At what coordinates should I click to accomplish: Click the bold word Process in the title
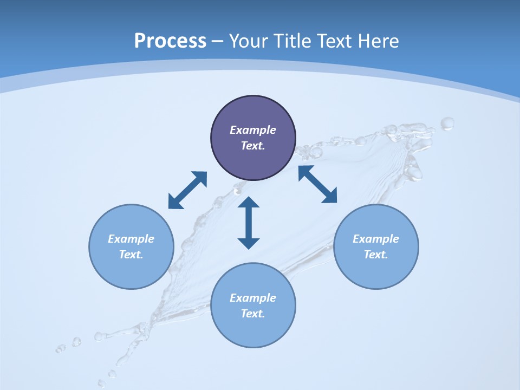click(x=170, y=41)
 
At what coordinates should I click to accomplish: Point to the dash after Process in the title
click(x=217, y=42)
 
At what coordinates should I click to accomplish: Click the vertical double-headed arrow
click(x=249, y=223)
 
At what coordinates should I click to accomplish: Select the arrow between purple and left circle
click(x=187, y=190)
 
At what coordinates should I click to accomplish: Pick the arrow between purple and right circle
click(x=317, y=184)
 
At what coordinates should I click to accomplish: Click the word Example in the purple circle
click(x=253, y=130)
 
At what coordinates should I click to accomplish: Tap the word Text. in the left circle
click(x=131, y=255)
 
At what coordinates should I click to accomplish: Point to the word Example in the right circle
click(x=376, y=239)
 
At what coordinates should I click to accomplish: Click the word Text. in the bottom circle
click(x=253, y=314)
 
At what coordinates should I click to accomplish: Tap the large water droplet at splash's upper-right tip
click(x=447, y=124)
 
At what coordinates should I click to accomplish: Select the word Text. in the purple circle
click(x=253, y=146)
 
